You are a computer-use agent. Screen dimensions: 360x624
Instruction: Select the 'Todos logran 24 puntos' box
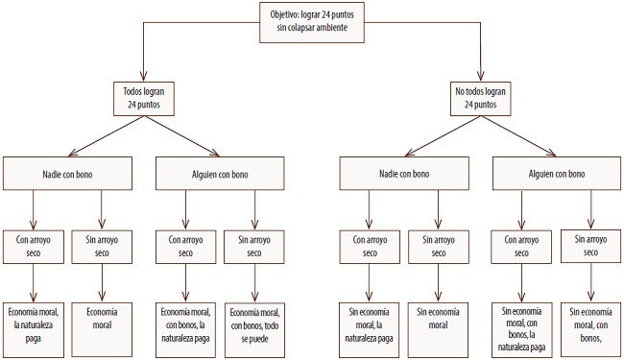point(143,97)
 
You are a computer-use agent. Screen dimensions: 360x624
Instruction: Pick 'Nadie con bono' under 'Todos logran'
point(68,175)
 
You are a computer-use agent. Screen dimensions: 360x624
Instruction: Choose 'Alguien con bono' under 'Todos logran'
point(220,175)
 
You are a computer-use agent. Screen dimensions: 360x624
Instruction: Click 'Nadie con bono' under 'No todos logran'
point(403,175)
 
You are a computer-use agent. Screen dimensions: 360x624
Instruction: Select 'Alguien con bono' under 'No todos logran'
point(555,175)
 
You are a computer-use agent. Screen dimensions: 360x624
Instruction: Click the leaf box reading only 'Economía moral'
point(102,319)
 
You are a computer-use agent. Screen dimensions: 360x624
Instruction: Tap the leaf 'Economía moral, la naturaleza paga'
point(35,319)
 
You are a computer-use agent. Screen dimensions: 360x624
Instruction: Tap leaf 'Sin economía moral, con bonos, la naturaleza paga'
point(521,324)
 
